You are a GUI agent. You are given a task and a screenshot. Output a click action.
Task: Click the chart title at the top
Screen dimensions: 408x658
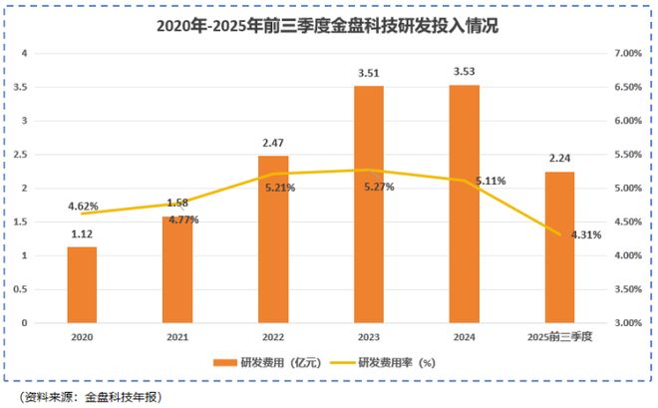328,28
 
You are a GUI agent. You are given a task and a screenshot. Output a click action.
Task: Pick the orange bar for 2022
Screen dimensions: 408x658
273,239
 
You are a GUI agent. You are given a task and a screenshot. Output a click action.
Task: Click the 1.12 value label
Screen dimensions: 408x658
82,234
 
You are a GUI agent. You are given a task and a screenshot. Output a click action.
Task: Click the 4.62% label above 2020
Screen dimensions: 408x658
84,206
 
